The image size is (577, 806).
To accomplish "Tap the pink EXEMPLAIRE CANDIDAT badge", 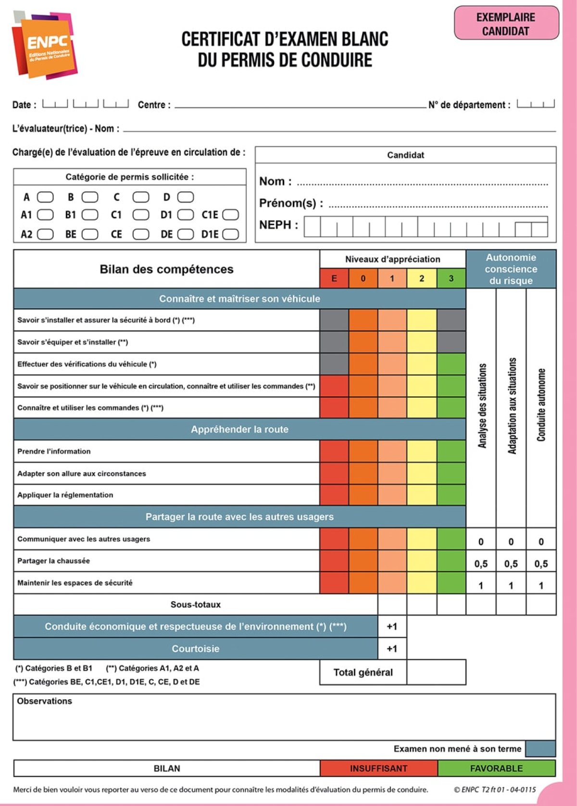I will (506, 23).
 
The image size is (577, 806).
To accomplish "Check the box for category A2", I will (45, 234).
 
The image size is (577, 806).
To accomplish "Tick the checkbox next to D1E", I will (231, 234).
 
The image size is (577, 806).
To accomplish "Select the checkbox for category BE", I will (90, 234).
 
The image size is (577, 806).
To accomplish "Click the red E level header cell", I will (334, 278).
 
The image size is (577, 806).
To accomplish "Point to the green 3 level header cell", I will (451, 278).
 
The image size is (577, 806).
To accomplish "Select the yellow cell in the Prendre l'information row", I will (422, 451).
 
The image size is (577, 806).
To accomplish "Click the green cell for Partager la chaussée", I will (451, 561).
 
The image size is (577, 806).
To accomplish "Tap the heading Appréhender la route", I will (239, 429).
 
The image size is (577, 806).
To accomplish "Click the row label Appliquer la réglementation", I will (65, 495).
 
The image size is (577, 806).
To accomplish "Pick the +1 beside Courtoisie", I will (392, 649).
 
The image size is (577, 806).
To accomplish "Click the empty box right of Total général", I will (436, 672).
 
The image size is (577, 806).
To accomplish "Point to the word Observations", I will (44, 701).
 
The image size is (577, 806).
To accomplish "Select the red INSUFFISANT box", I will (378, 768).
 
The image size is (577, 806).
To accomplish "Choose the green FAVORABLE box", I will (496, 768).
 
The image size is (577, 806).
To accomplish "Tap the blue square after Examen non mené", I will (540, 749).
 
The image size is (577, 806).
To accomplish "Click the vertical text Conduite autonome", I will (541, 405).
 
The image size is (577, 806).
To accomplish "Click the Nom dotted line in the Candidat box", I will (422, 183).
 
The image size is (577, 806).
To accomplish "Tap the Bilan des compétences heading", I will (166, 269).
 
